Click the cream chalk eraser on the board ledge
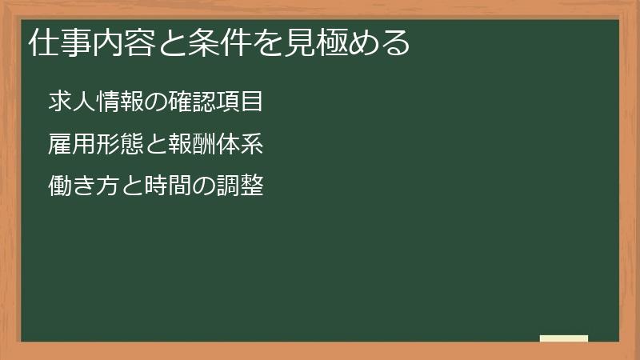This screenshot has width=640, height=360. point(564,338)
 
